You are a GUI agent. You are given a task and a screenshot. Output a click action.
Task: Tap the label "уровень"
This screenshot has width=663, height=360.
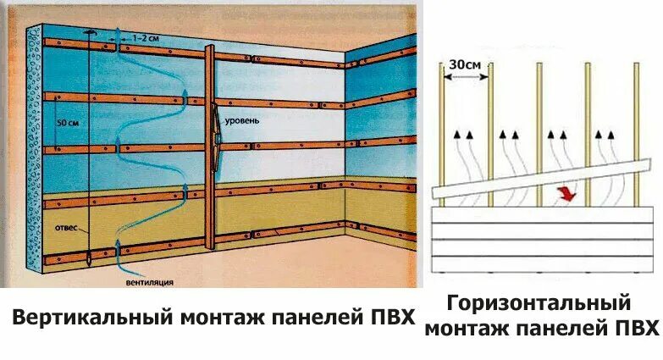tap(242, 120)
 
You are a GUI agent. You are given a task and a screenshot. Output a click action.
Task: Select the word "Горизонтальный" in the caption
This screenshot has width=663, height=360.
tap(539, 302)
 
